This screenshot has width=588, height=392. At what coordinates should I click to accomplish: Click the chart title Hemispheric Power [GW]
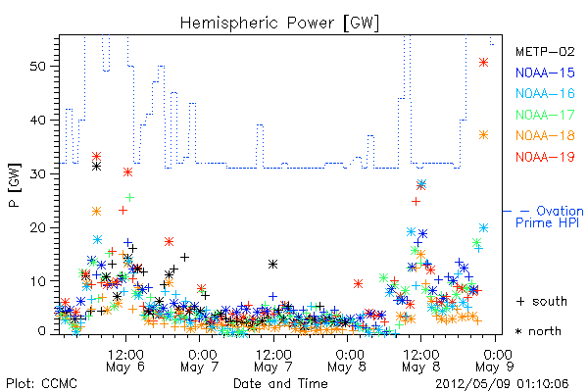point(279,24)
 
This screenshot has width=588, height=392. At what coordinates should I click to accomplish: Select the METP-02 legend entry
point(545,51)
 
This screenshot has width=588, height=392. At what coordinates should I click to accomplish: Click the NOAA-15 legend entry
point(545,73)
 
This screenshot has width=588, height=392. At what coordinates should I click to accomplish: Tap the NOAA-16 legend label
point(545,93)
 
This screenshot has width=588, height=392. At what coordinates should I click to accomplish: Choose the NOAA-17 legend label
point(545,115)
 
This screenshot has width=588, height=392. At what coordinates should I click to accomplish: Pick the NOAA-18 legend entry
point(545,135)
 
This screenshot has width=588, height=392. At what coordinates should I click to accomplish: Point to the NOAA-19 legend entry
point(545,157)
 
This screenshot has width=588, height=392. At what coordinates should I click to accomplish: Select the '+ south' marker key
point(542,301)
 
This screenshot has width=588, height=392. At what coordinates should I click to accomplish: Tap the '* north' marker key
point(538,331)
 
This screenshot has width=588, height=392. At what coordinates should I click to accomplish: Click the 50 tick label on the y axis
point(37,67)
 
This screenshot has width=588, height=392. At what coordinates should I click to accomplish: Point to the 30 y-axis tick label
point(37,174)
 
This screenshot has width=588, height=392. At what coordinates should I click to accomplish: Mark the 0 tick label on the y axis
point(42,331)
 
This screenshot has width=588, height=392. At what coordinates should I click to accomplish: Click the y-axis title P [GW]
point(15,185)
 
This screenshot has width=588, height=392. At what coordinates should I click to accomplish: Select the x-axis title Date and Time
point(280,383)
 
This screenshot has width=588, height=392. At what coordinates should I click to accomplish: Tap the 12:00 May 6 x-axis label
point(125,361)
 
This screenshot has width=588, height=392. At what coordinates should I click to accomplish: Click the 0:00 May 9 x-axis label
point(495,361)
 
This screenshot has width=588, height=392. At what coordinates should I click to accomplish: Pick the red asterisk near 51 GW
point(484,63)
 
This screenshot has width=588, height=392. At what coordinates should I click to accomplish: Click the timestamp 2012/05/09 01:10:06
point(502,384)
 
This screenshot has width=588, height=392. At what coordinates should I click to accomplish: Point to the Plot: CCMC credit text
point(41,384)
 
